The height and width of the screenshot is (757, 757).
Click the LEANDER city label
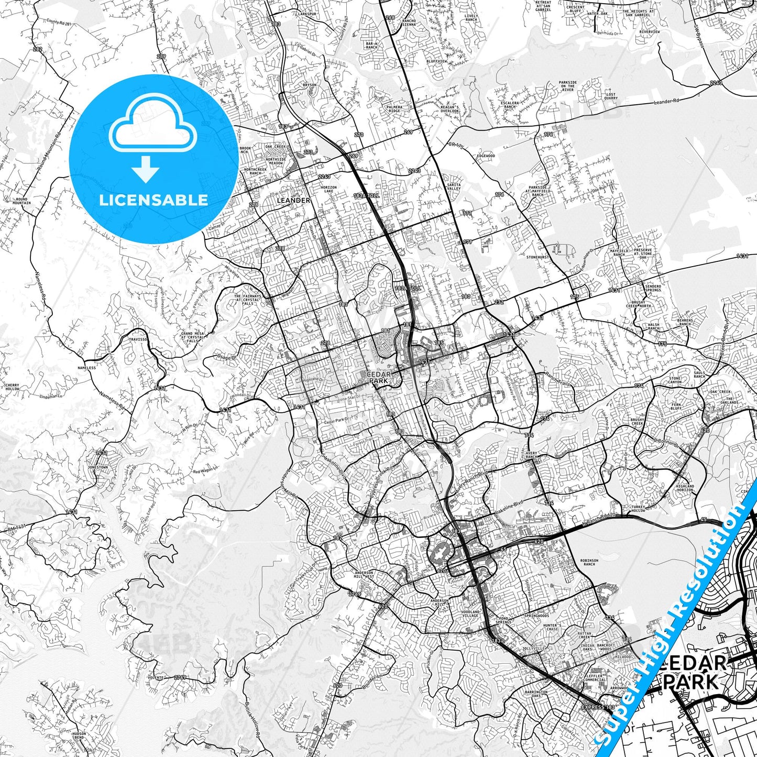[x=293, y=200]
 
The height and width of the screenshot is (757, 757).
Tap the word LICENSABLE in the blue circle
[x=153, y=200]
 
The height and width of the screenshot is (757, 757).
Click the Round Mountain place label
[x=21, y=201]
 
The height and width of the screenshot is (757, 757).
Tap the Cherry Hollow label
[x=12, y=387]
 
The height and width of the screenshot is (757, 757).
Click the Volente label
[x=156, y=677]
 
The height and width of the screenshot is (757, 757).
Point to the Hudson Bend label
[x=79, y=736]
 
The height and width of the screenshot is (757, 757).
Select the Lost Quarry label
[x=610, y=96]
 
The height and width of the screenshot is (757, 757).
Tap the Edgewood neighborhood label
[x=486, y=156]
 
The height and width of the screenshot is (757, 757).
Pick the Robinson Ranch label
[x=588, y=562]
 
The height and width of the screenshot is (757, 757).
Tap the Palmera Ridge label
[x=394, y=109]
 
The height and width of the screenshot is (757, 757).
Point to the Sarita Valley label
[x=454, y=186]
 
